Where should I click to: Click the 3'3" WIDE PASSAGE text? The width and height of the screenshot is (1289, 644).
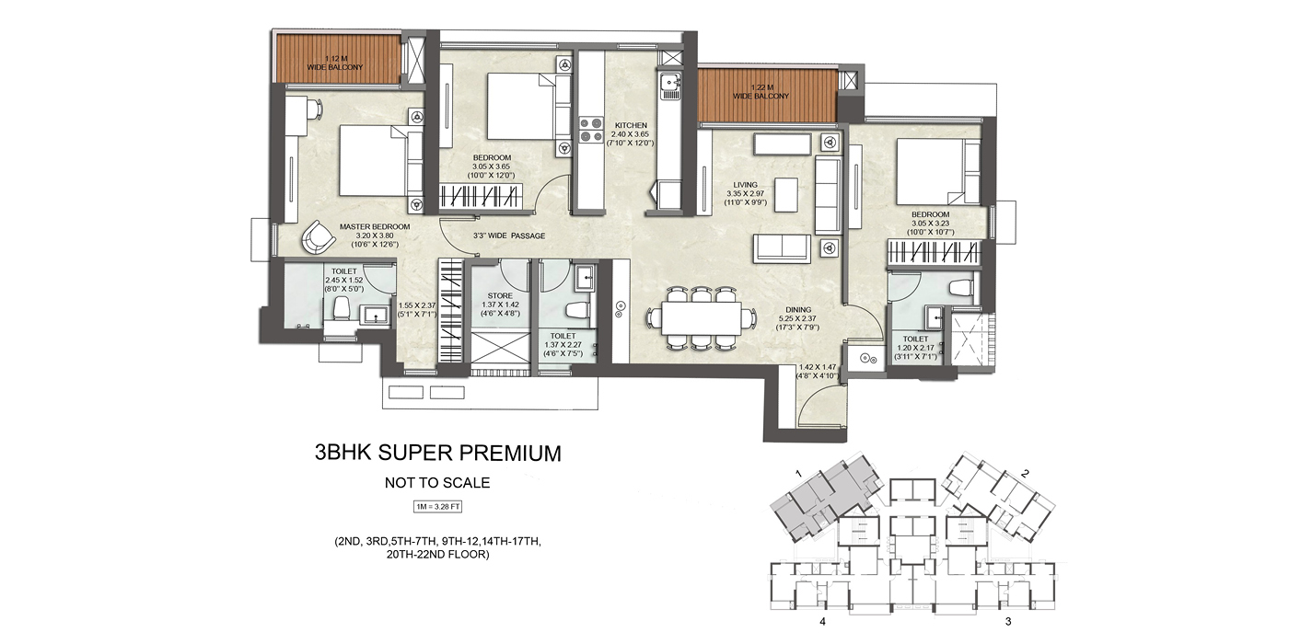click(508, 236)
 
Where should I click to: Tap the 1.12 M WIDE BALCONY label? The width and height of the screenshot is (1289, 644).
click(335, 63)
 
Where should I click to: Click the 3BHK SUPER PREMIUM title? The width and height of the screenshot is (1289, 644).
click(437, 453)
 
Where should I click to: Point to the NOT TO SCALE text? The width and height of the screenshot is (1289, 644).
click(437, 482)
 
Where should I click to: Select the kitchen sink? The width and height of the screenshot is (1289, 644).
click(669, 86)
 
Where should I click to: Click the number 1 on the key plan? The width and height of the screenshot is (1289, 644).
click(798, 472)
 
